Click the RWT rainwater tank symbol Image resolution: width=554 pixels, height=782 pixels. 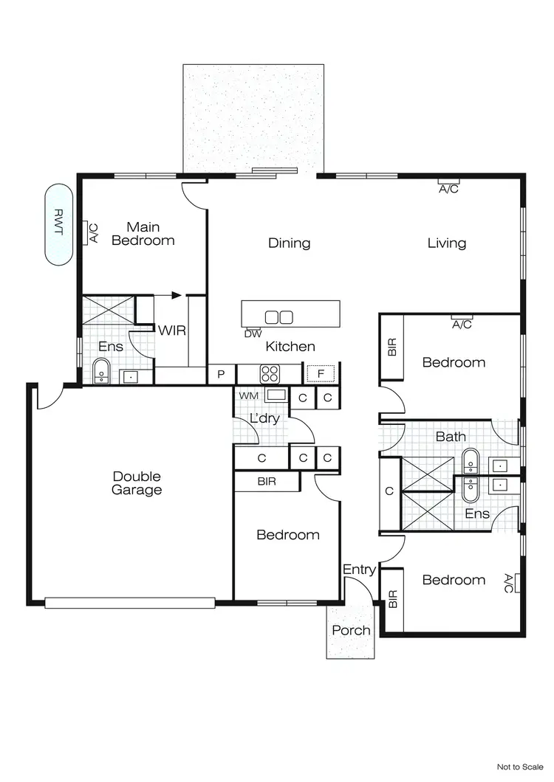click(58, 224)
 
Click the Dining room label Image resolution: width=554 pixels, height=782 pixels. click(289, 243)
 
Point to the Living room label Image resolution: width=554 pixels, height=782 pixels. click(446, 243)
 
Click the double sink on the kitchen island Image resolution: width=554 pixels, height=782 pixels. click(279, 317)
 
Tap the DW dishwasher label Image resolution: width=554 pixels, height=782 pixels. click(253, 333)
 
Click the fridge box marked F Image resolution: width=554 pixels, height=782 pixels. click(321, 374)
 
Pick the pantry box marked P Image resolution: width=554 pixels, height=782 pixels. click(221, 375)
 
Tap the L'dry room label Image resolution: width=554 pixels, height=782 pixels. click(264, 418)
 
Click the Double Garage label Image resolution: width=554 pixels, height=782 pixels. click(137, 483)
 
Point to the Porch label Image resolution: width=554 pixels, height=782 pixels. click(351, 630)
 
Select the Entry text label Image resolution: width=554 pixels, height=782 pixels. click(359, 570)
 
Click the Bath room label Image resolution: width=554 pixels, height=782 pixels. click(450, 437)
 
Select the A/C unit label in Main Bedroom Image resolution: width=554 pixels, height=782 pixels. click(94, 233)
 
